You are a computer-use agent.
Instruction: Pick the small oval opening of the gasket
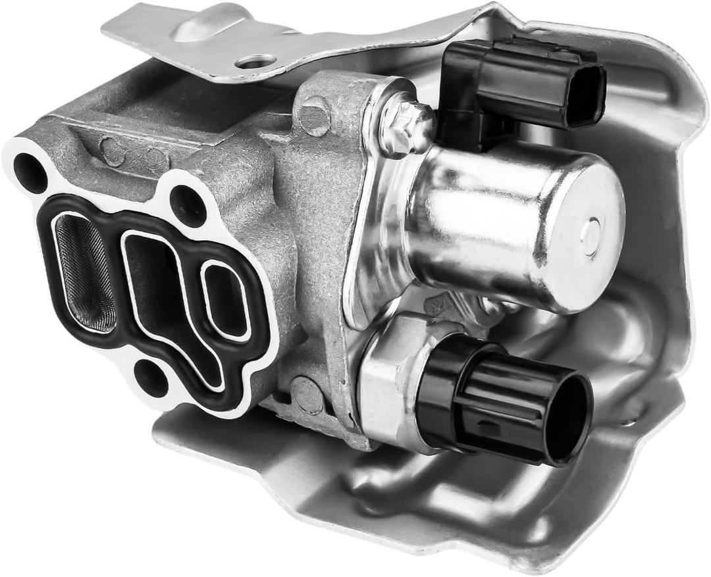click(226, 299)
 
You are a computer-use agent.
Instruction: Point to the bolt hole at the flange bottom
click(152, 378)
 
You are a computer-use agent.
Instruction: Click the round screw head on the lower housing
click(308, 395)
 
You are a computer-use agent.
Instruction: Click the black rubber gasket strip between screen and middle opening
click(118, 276)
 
